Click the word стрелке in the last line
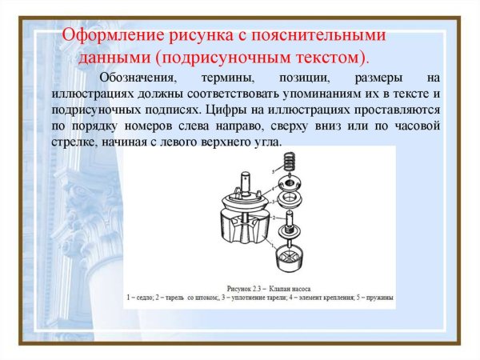70,141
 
